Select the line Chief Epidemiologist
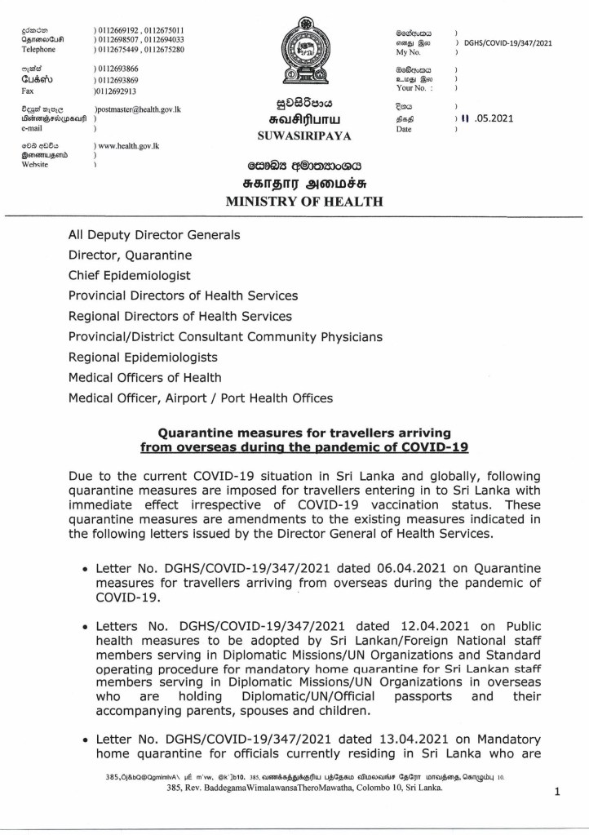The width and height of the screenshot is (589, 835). (x=130, y=275)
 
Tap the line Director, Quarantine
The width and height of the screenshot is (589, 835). (x=130, y=255)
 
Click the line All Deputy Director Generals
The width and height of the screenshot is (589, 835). (x=154, y=234)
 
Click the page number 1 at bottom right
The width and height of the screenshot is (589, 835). (x=556, y=792)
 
